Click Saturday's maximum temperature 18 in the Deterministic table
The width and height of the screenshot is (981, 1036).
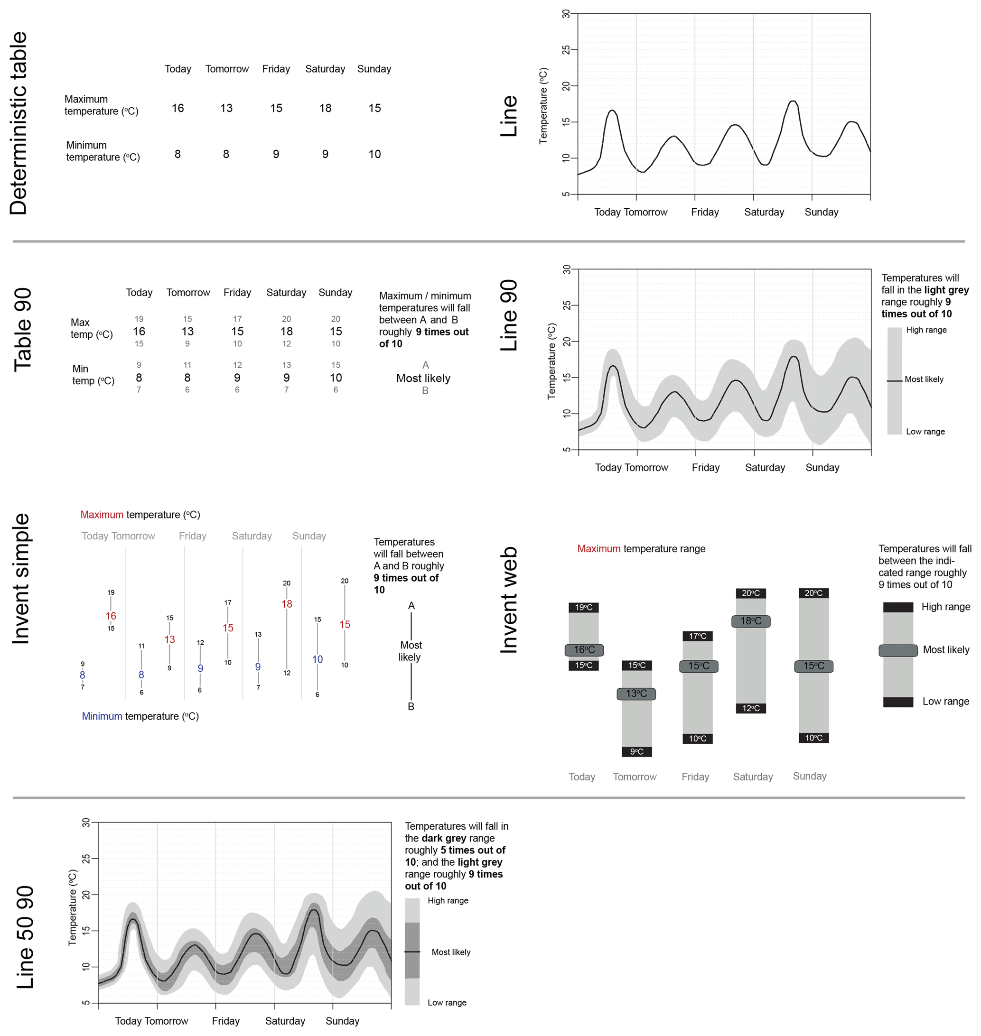325,108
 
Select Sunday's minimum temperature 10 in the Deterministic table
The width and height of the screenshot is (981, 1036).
374,154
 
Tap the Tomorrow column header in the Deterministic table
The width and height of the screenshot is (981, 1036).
227,69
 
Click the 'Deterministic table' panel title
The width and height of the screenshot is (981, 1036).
19,123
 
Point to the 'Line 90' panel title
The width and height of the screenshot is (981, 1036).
509,315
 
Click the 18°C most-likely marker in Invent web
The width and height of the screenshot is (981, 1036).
751,621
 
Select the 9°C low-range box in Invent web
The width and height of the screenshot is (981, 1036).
636,752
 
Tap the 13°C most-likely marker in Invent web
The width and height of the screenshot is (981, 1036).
636,694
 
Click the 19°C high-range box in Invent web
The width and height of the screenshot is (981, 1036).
584,607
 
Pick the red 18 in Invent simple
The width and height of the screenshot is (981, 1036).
287,604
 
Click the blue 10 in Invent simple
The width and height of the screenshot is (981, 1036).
318,660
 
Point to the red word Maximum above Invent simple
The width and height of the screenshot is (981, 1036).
102,515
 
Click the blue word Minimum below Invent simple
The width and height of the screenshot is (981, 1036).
102,717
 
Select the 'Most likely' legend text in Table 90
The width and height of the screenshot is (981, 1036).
423,379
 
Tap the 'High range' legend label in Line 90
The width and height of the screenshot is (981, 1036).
926,330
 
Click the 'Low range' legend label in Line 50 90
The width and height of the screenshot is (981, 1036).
447,1002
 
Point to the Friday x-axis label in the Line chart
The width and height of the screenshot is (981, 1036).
705,212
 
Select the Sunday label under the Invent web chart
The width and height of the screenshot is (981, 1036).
810,776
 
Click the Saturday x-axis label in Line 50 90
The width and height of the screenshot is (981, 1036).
285,1021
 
